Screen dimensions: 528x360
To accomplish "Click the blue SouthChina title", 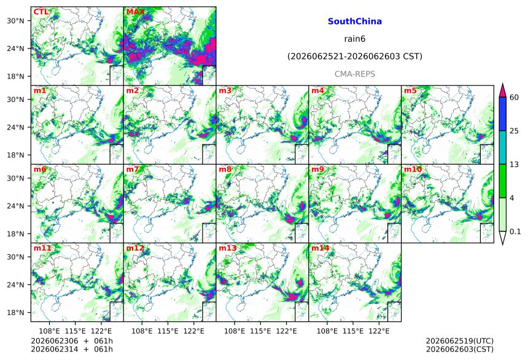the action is tap(355, 22).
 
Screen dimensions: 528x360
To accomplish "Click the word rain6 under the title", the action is tap(355, 39).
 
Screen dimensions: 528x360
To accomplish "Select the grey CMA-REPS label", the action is tap(355, 74).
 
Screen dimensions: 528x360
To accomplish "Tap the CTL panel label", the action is tap(41, 12).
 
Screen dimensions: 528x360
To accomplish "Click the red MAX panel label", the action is tap(135, 12).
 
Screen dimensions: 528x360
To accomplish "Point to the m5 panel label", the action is tap(410, 90).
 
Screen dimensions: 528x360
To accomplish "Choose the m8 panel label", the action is tap(225, 169).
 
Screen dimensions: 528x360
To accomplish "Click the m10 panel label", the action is tap(413, 169).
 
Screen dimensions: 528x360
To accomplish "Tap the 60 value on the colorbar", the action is tap(514, 98).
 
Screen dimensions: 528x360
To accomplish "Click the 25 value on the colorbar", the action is tap(514, 131).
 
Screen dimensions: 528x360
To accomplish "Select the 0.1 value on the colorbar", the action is tap(515, 232).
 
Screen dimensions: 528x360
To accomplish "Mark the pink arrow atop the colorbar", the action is tap(503, 90).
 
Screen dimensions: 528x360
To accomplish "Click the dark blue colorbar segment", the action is tap(503, 114).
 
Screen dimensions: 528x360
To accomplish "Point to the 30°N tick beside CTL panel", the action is tap(15, 20).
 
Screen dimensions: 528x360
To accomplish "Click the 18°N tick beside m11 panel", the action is tap(15, 313).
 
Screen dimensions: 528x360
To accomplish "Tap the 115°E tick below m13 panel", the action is tap(260, 331).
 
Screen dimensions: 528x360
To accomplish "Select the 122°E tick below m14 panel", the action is tap(379, 331).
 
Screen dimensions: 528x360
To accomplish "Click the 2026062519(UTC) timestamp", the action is tap(460, 341).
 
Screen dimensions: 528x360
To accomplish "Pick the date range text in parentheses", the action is tap(355, 57).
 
